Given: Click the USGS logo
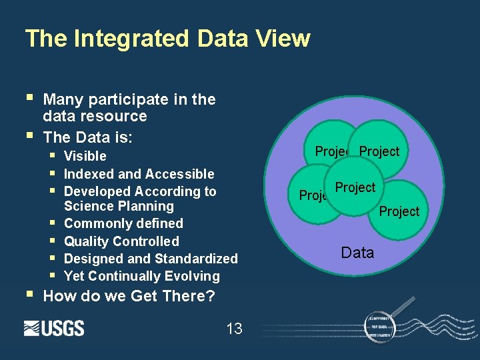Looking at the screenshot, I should click(54, 328).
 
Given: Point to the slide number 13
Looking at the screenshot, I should click(234, 329).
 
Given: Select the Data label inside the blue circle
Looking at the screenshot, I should click(357, 253).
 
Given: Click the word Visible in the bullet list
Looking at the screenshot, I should click(85, 156).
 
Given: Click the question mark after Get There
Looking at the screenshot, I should click(211, 296).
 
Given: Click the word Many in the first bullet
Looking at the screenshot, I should click(63, 100).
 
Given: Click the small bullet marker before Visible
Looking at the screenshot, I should click(53, 155).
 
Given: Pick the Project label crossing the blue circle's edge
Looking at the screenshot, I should click(399, 211).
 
